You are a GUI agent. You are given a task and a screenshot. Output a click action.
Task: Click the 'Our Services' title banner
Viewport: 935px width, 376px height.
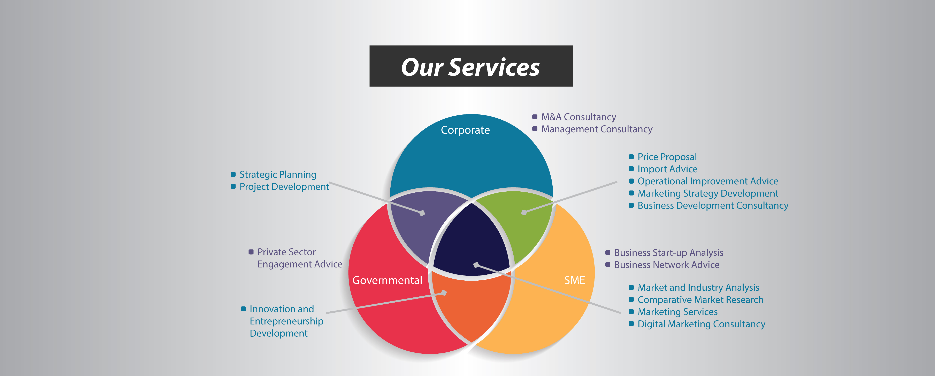471,66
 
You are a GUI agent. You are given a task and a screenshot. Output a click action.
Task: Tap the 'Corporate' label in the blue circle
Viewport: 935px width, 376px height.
465,130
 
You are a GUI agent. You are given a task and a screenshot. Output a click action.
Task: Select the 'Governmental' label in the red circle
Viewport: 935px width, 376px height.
387,280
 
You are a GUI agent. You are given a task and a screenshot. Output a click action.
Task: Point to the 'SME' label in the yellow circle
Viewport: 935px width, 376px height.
575,280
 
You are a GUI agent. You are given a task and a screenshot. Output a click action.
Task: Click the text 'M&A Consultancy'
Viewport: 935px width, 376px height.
578,117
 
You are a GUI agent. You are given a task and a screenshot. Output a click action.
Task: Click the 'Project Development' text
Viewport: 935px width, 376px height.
284,187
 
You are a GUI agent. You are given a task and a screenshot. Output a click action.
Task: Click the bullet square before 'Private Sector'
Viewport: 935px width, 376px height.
251,252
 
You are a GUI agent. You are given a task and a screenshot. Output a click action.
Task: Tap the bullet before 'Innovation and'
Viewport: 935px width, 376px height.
243,309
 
